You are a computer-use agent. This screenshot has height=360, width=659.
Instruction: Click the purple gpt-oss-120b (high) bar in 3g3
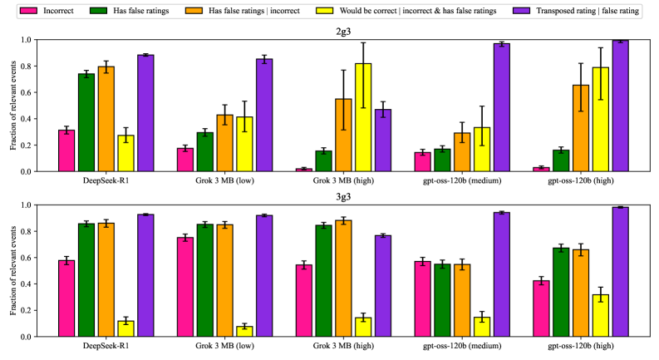[619, 272]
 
